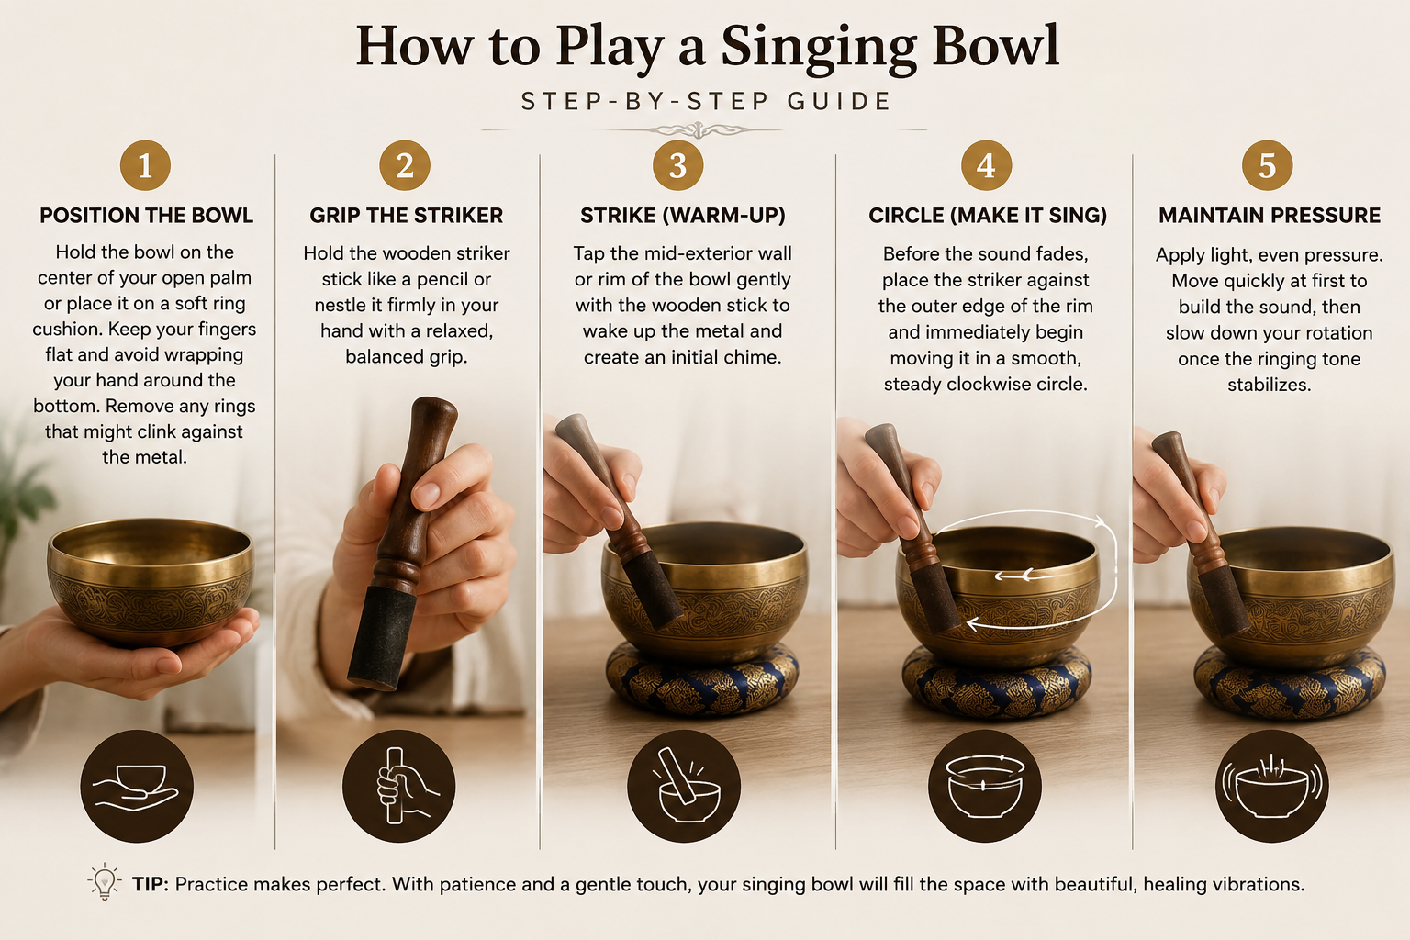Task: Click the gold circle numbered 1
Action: tap(145, 165)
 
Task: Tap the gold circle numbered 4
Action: tap(987, 165)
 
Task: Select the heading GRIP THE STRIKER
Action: tap(406, 216)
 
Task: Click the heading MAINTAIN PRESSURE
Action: tap(1269, 216)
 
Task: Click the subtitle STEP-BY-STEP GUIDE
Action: tap(706, 101)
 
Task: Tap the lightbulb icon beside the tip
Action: tap(105, 881)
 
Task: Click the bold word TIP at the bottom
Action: tap(150, 884)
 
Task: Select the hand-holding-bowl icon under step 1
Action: tap(137, 787)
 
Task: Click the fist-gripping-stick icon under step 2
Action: tap(399, 787)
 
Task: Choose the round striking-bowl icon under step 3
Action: tap(684, 787)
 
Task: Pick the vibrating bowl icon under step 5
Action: tap(1272, 787)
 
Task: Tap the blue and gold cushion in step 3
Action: tap(702, 680)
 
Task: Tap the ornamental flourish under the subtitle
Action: tap(699, 130)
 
